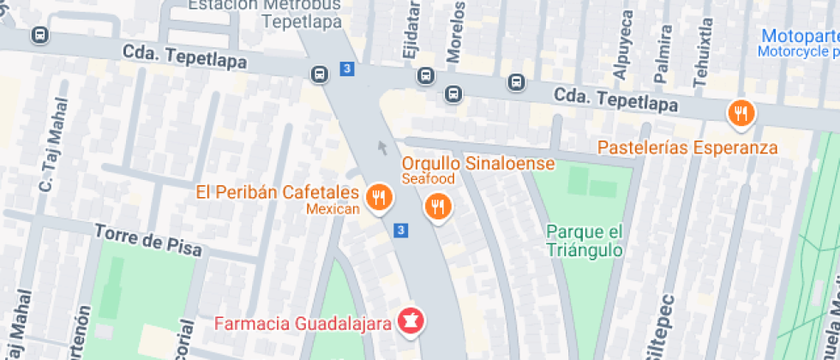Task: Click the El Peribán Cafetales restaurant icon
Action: (x=378, y=198)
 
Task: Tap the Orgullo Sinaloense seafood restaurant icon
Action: (x=438, y=206)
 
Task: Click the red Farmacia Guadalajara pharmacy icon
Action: (x=412, y=321)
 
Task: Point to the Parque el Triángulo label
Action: (x=584, y=241)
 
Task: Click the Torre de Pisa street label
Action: (x=148, y=241)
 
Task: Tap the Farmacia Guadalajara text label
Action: (x=303, y=324)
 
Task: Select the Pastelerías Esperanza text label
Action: (x=687, y=147)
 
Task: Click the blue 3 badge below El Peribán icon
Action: (x=400, y=230)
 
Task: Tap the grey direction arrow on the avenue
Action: (x=382, y=149)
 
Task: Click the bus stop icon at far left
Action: (x=39, y=35)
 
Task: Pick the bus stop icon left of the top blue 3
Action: (x=319, y=74)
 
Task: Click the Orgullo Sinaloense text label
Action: (x=478, y=163)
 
